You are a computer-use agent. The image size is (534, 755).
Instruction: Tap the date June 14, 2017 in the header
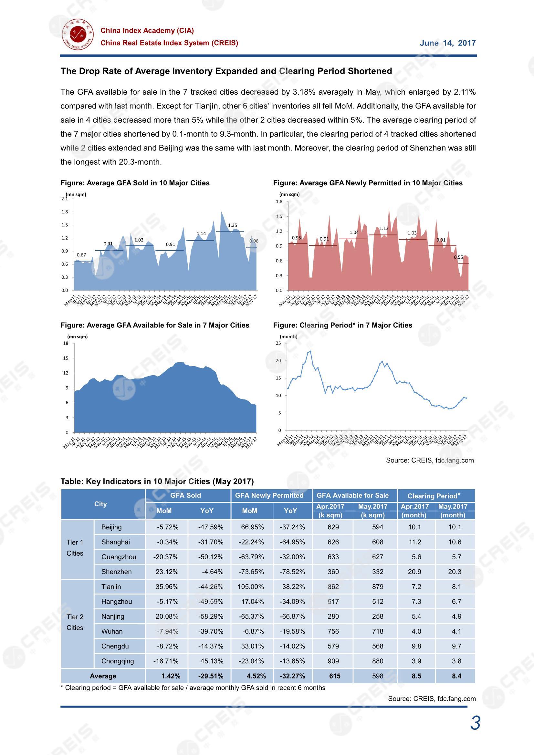click(x=447, y=43)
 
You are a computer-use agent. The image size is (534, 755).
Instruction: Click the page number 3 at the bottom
click(x=475, y=723)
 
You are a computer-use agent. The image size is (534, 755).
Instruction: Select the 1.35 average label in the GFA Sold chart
click(x=232, y=225)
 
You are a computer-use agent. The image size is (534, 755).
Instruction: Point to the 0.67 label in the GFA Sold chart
click(x=81, y=255)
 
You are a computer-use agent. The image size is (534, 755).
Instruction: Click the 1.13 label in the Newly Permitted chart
click(x=384, y=228)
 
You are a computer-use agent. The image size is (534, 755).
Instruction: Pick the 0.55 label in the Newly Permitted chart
click(x=458, y=257)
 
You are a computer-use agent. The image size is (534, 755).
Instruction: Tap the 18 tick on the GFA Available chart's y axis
click(x=66, y=343)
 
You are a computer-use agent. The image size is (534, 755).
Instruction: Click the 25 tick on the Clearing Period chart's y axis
click(x=278, y=343)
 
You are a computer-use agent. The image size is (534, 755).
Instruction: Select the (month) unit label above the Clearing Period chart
click(x=288, y=336)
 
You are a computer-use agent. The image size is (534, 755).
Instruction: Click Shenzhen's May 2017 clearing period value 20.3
click(x=455, y=572)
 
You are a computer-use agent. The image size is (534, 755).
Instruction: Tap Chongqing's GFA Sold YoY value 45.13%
click(x=212, y=661)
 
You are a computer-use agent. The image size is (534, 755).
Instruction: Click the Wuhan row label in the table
click(x=112, y=631)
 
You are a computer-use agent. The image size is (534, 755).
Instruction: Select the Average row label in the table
click(x=103, y=676)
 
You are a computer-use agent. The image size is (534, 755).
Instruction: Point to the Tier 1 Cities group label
click(x=75, y=548)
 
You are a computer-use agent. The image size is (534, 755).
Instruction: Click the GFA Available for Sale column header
click(x=352, y=495)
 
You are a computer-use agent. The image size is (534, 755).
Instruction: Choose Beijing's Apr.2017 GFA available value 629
click(x=333, y=527)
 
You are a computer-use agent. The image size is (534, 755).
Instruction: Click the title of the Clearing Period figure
click(x=342, y=325)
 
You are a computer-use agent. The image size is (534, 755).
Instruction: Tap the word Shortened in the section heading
click(x=370, y=71)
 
